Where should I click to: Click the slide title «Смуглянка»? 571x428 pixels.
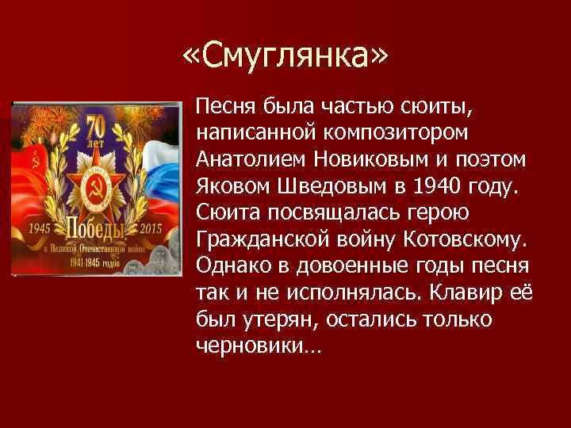(285, 58)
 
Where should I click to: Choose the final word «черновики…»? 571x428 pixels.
(253, 346)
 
